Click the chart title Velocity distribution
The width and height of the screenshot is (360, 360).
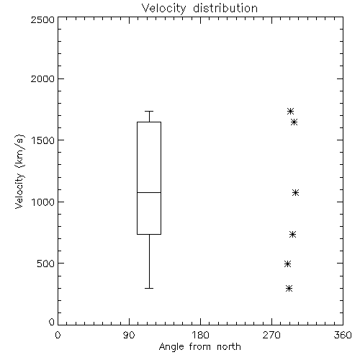click(x=199, y=9)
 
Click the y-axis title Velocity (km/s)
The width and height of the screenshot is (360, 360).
click(x=19, y=171)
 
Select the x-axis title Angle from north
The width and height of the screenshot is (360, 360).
click(x=199, y=347)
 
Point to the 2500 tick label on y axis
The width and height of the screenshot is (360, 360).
click(x=42, y=19)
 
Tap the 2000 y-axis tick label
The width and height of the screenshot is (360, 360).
click(x=42, y=78)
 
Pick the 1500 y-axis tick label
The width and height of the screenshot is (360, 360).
click(x=43, y=140)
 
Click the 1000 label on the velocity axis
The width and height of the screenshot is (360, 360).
click(x=43, y=202)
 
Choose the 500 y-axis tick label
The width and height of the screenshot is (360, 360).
click(x=46, y=264)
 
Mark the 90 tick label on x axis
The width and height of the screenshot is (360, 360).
click(x=129, y=335)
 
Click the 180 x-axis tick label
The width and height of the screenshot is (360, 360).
click(x=200, y=335)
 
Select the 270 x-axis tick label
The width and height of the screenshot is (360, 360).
click(x=271, y=335)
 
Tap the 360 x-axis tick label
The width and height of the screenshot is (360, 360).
click(x=343, y=335)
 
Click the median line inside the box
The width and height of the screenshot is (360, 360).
click(x=149, y=192)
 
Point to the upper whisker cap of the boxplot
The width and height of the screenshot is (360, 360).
click(x=149, y=111)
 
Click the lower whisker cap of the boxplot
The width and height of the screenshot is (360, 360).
click(x=149, y=288)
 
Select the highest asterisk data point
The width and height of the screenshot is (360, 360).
click(x=291, y=111)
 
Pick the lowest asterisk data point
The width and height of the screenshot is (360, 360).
click(x=289, y=288)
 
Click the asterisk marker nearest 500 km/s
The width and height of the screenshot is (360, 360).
click(x=288, y=264)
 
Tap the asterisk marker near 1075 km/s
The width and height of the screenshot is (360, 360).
click(x=296, y=192)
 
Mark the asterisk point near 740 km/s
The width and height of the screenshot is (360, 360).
click(x=292, y=234)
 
